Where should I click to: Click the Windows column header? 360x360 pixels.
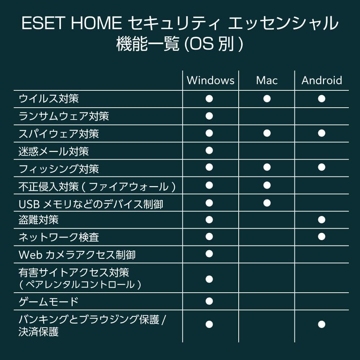tap(210, 80)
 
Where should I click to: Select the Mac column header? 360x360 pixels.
tap(267, 80)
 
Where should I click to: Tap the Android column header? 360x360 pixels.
tap(321, 80)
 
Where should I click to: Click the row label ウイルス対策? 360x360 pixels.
tap(49, 99)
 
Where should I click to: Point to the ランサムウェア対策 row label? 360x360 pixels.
tap(64, 116)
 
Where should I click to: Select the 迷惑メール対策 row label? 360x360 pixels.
tap(54, 152)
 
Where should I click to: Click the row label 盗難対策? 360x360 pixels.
tap(39, 220)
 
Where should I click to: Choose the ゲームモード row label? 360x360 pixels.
tap(48, 301)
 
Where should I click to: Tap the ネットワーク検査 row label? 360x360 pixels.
tap(59, 237)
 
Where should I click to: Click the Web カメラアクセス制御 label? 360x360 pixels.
tap(77, 255)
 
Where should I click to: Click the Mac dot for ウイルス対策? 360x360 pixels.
tap(267, 99)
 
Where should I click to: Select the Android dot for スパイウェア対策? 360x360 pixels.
tap(321, 133)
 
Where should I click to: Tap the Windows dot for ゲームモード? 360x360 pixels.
tap(209, 301)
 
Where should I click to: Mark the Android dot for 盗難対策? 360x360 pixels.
tap(321, 220)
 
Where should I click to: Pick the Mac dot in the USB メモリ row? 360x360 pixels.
tap(267, 203)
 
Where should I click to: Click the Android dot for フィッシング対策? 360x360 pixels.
tap(321, 167)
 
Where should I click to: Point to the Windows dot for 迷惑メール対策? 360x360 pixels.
tap(209, 150)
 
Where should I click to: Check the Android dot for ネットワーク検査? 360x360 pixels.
tap(321, 237)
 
